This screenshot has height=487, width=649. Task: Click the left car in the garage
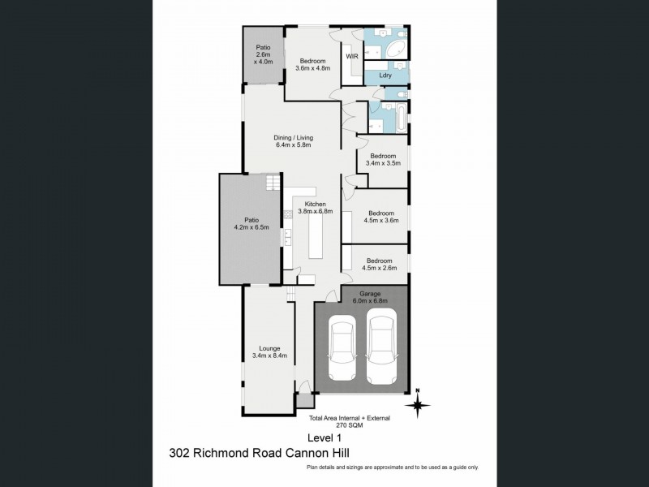(342, 347)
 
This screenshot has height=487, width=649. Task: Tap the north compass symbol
(419, 403)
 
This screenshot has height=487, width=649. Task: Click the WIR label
(352, 57)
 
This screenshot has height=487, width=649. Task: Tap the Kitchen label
(315, 204)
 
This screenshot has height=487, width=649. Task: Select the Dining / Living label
(293, 138)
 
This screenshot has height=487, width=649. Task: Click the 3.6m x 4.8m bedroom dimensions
(312, 69)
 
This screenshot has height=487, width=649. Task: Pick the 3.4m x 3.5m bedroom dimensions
(383, 163)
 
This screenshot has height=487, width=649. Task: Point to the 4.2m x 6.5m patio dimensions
(251, 227)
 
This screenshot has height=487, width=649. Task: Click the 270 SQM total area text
(349, 425)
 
